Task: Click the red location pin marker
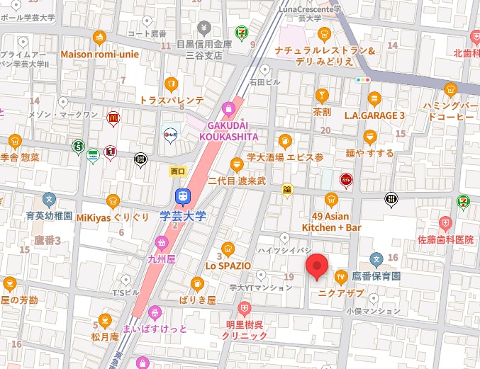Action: point(317,265)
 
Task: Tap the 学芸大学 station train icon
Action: point(182,196)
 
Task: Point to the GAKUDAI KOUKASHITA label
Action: point(228,130)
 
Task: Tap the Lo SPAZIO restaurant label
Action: point(228,266)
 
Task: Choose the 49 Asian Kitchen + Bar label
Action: point(331,221)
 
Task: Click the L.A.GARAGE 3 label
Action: point(374,115)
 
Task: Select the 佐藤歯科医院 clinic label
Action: point(445,240)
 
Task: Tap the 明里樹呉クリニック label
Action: point(243,329)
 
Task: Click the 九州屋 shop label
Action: point(162,259)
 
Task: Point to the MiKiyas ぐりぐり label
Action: point(113,217)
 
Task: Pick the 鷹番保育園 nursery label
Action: point(376,275)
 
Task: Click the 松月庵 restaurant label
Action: point(105,336)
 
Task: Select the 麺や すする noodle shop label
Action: point(369,152)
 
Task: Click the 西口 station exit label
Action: point(177,171)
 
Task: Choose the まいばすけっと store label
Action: point(155,329)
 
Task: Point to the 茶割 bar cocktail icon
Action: point(322,96)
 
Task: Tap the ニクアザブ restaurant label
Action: point(340,291)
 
